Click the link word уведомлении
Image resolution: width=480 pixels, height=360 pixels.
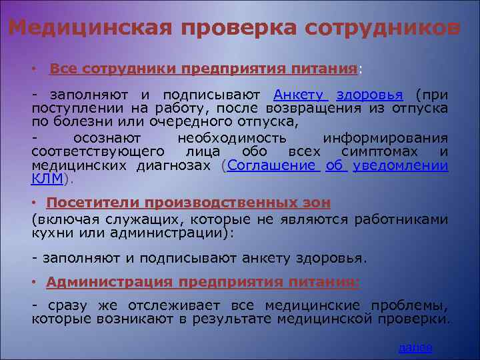400,166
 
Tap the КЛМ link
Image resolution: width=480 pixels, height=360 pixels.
47,179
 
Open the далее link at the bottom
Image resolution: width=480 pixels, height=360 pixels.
415,347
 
